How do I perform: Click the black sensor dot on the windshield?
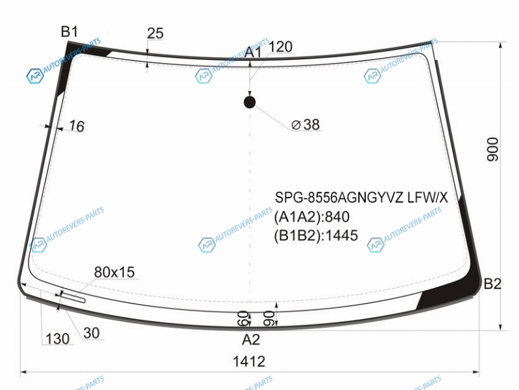pos(250,103)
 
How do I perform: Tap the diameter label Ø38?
pos(306,125)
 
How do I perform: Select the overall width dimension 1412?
pos(249,361)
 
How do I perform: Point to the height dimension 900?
pos(492,149)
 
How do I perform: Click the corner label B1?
pos(69,32)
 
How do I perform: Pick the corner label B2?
pos(492,284)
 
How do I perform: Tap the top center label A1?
pos(253,53)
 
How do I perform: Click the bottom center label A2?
pos(251,339)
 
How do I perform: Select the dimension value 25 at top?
pos(155,33)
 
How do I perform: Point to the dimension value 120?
pos(280,47)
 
